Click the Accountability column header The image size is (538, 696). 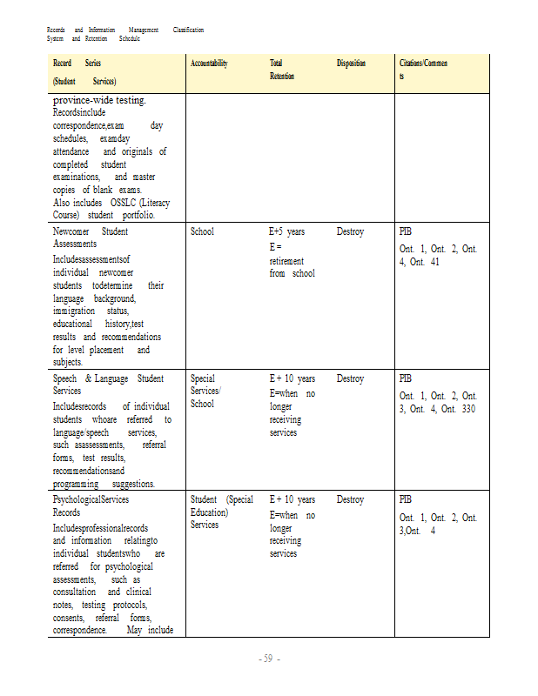tap(209, 64)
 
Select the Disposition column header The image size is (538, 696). tap(351, 64)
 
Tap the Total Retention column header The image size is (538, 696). tap(282, 70)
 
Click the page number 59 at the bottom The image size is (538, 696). tap(268, 658)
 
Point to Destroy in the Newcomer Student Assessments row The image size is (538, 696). tap(350, 232)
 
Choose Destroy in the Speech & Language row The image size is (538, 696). tap(350, 379)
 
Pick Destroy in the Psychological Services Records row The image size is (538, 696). tap(350, 500)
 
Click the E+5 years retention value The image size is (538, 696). tap(287, 232)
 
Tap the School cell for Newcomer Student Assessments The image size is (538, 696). tap(202, 232)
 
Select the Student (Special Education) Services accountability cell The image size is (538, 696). tap(221, 512)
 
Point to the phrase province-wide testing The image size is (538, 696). tap(99, 101)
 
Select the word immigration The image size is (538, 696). tap(74, 311)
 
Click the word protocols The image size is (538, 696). tap(128, 605)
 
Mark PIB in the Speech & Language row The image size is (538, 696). tap(405, 379)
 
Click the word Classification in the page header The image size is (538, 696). tap(188, 30)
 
